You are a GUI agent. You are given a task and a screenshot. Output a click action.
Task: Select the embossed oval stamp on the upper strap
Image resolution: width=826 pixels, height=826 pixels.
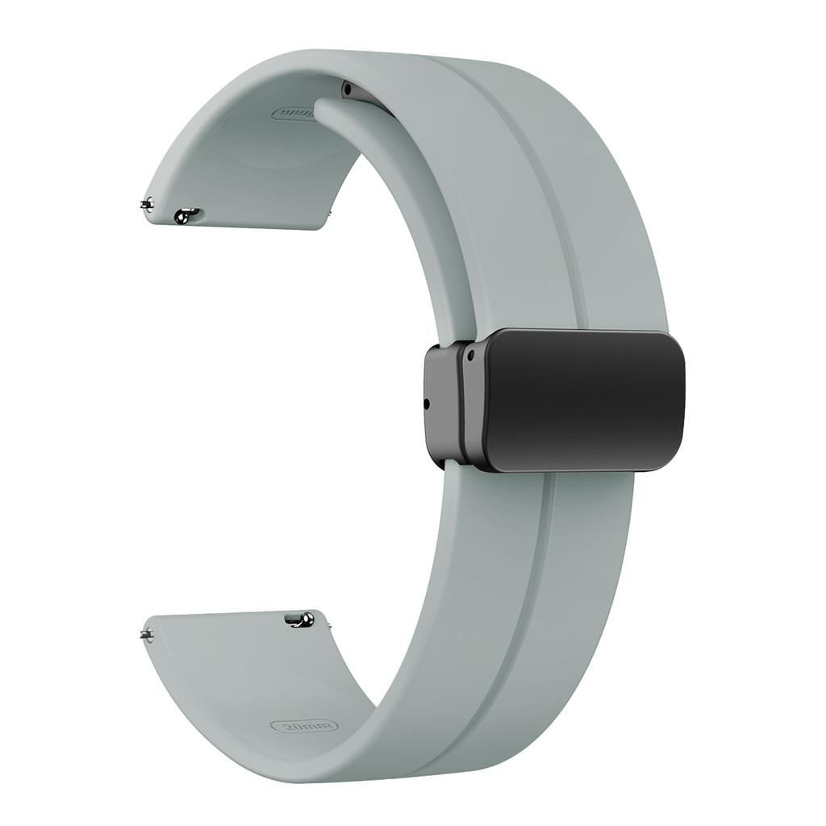[294, 114]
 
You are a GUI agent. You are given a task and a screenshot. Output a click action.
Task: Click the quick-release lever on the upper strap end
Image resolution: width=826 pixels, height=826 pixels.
[186, 215]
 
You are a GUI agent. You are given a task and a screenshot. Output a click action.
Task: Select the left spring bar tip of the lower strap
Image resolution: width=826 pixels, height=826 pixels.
[146, 633]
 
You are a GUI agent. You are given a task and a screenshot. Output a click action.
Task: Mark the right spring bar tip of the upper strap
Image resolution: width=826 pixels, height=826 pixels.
[328, 215]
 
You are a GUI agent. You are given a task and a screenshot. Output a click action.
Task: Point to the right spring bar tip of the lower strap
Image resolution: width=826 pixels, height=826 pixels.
[328, 622]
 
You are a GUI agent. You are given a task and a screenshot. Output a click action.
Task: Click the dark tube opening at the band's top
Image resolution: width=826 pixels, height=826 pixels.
[348, 88]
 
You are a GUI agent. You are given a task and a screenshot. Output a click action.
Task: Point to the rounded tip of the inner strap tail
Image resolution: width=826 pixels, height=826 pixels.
[323, 110]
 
